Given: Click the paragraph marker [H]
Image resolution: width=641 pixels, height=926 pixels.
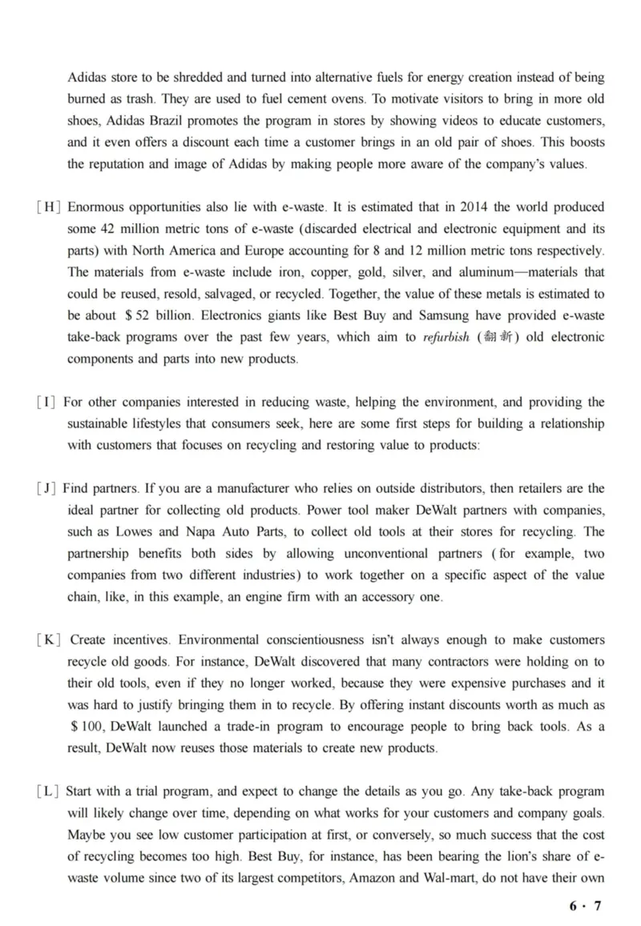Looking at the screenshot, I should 49,207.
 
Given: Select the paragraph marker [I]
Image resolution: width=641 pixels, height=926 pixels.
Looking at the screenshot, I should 46,402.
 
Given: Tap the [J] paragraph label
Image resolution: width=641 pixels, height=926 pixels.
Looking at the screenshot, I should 47,488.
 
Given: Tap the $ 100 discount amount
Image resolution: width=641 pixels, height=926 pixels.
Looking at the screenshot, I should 86,727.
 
